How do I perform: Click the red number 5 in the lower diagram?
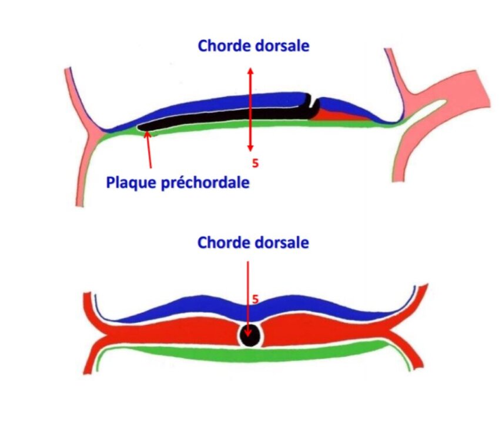pos(255,299)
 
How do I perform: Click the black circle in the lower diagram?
pos(250,336)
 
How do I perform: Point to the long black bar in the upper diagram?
pos(223,115)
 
